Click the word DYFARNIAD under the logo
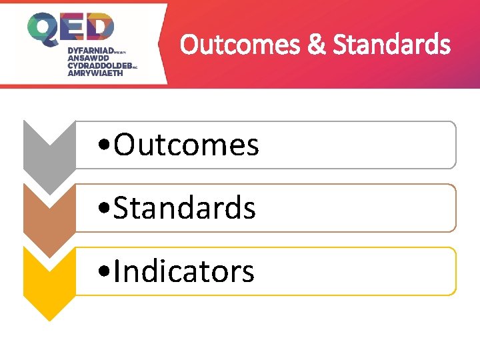pos(90,50)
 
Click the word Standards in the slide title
pos(391,45)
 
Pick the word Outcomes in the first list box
pos(186,145)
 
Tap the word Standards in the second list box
pos(185,208)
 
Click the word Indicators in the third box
pos(184,271)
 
